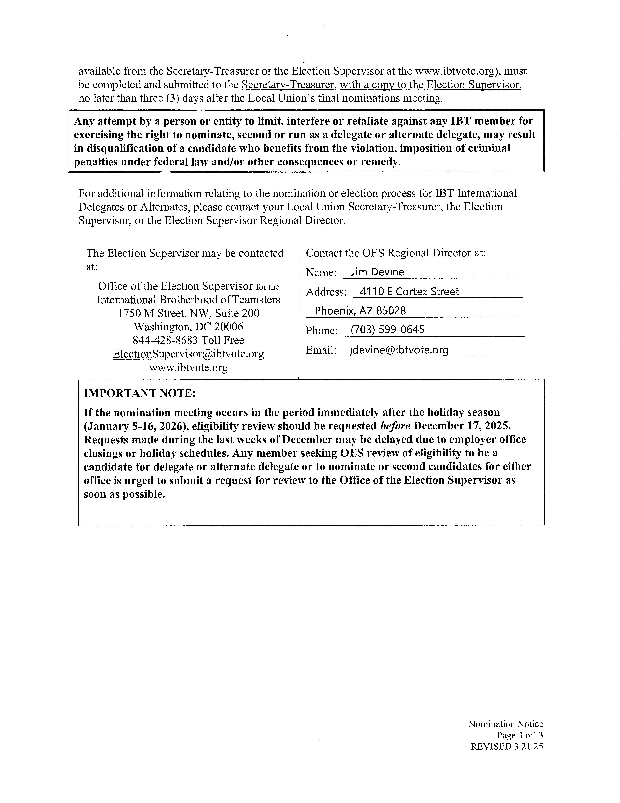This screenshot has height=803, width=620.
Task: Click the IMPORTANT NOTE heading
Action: (x=140, y=393)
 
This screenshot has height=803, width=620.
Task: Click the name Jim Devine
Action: (x=377, y=272)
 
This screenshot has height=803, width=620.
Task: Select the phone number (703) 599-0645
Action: (x=387, y=329)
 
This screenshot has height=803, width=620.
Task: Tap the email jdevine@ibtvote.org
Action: (x=399, y=350)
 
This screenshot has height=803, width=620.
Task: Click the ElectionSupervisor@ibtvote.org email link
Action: (x=188, y=354)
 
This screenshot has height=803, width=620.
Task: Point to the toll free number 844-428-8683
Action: (x=165, y=340)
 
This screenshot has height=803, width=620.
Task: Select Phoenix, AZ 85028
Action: (x=360, y=311)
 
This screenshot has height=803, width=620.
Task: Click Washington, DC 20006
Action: (x=188, y=327)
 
